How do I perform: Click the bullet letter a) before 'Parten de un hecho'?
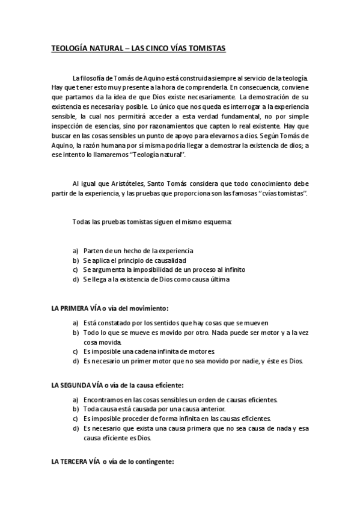tap(76, 250)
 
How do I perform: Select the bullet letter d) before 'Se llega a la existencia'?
tap(76, 279)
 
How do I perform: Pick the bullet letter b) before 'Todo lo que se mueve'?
tap(76, 332)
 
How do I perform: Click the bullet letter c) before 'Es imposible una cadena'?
tap(76, 351)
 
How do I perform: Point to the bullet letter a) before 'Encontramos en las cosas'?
tap(76, 399)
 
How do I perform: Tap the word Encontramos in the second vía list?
tap(105, 399)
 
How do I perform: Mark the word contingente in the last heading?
tap(154, 462)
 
